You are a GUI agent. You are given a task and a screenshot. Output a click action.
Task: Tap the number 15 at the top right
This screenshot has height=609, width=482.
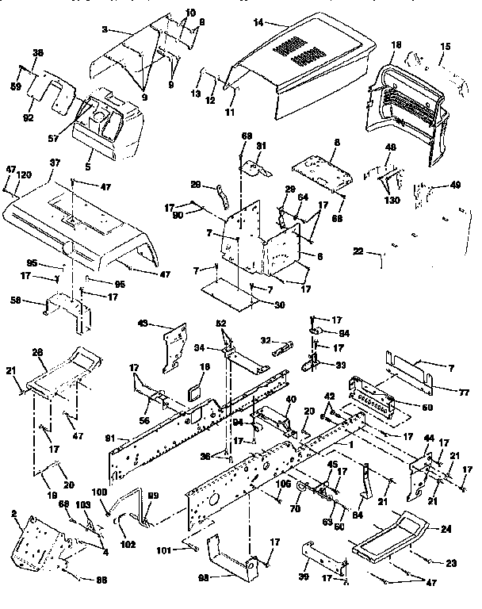(443, 48)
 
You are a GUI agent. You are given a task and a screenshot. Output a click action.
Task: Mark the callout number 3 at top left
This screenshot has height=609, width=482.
(104, 29)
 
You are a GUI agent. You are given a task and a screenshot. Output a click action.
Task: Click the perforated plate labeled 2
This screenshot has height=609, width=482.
(36, 546)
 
